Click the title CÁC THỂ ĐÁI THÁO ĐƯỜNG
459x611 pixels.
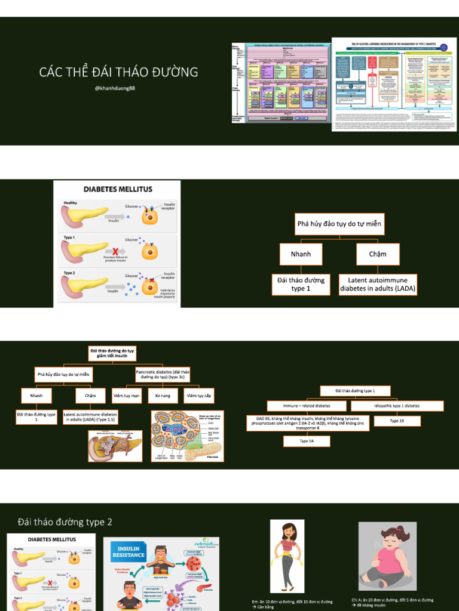[118, 73]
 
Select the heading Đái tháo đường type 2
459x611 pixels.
[65, 522]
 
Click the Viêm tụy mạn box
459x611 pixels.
[127, 396]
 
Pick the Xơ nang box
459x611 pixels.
[163, 396]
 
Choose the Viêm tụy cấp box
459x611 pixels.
[199, 396]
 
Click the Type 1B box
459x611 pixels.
[397, 421]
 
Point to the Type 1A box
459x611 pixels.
[307, 442]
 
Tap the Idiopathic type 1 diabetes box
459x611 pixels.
[397, 406]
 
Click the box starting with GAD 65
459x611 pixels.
[307, 423]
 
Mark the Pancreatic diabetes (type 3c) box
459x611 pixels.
[163, 374]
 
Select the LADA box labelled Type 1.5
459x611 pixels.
[90, 416]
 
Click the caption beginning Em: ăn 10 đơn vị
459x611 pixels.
[292, 604]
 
